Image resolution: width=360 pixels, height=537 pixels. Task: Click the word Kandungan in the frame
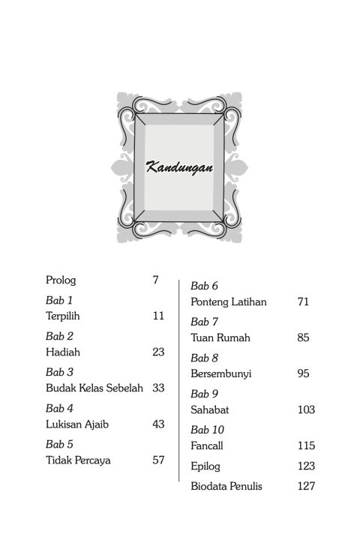coord(179,166)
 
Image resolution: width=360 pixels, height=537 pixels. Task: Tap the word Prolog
coord(61,280)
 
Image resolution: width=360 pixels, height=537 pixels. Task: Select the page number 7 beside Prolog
coord(155,280)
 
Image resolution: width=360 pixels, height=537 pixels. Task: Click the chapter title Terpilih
coord(63,316)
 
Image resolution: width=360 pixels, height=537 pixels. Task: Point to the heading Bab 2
coord(59,336)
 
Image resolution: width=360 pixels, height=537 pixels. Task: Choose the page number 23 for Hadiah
coord(158,352)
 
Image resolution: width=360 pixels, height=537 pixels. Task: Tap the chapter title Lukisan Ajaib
coord(77,424)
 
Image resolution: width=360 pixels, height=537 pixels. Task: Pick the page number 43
coord(158,424)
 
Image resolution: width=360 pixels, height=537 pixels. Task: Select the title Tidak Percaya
coord(78,460)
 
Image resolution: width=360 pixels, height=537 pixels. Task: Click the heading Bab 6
coord(204,286)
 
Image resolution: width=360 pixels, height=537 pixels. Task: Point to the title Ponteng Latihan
coord(229,301)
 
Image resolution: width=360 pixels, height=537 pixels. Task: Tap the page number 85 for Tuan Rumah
coord(303,337)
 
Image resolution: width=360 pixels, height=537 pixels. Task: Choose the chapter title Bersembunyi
coord(220,373)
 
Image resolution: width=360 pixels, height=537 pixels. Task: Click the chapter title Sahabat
coord(209,409)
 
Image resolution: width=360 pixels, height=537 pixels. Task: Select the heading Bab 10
coord(207,430)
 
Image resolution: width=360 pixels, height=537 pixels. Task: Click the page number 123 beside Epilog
coord(306,466)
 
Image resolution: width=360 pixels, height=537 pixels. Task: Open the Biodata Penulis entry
coord(226,486)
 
